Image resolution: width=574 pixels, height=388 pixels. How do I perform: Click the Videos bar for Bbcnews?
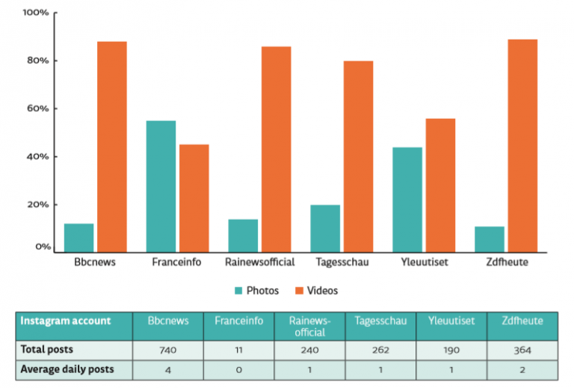coord(111,147)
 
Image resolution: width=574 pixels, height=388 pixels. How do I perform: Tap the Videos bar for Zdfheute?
coord(522,146)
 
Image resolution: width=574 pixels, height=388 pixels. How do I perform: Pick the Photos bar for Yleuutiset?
coord(407,200)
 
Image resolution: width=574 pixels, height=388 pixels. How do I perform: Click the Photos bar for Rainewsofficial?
coord(243,236)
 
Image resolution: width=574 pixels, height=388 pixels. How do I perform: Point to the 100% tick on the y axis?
coord(36,13)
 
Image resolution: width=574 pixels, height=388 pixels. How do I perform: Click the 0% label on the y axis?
coord(40,247)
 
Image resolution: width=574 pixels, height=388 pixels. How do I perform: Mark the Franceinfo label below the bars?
coord(176,262)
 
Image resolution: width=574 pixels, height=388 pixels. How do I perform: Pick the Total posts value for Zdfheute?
coord(522,350)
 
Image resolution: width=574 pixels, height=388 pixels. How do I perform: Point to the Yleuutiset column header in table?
coord(451,321)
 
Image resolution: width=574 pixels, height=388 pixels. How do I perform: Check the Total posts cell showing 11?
coord(239,350)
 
